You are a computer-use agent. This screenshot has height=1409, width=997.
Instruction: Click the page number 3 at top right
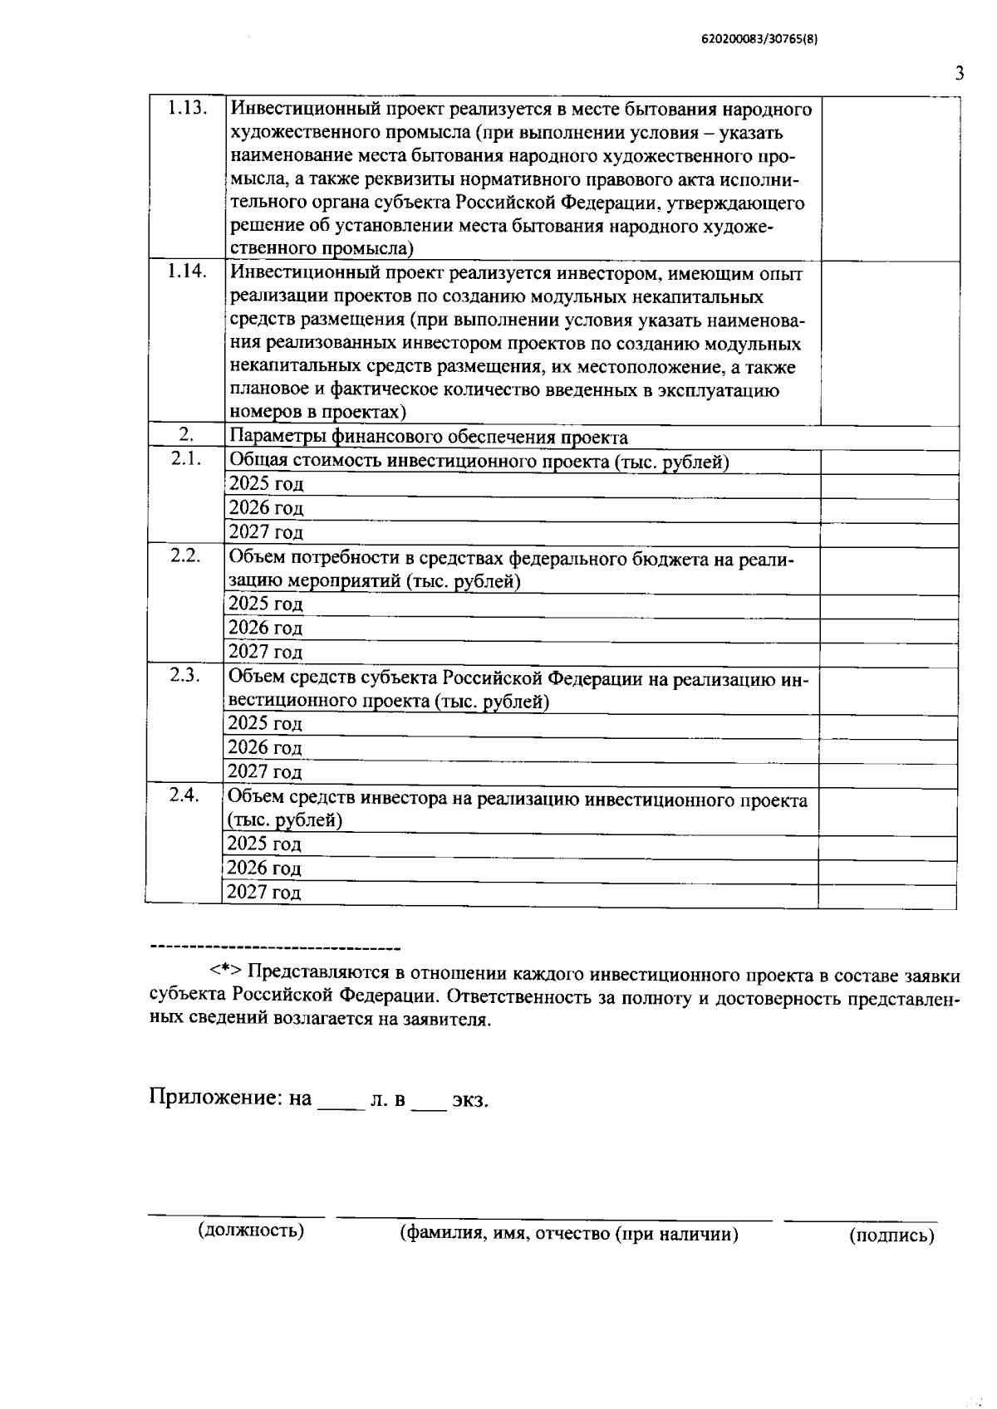[959, 73]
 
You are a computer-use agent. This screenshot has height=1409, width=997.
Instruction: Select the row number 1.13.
[186, 108]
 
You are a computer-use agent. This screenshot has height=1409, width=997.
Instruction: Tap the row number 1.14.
[186, 272]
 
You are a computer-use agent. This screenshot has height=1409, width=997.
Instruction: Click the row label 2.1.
[186, 459]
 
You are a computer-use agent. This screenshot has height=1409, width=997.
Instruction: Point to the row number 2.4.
[184, 795]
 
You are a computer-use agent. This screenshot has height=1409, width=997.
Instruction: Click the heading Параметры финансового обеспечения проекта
[428, 438]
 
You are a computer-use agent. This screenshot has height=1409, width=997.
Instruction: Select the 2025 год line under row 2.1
[266, 484]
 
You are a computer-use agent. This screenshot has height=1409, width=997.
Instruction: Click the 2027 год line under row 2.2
[266, 653]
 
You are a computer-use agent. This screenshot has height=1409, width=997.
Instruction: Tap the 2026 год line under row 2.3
[265, 748]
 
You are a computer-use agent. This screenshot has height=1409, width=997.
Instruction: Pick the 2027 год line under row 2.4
[264, 893]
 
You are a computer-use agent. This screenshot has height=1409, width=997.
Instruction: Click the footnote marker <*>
[225, 971]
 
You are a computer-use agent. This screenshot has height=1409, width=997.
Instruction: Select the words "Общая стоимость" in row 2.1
[305, 462]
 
